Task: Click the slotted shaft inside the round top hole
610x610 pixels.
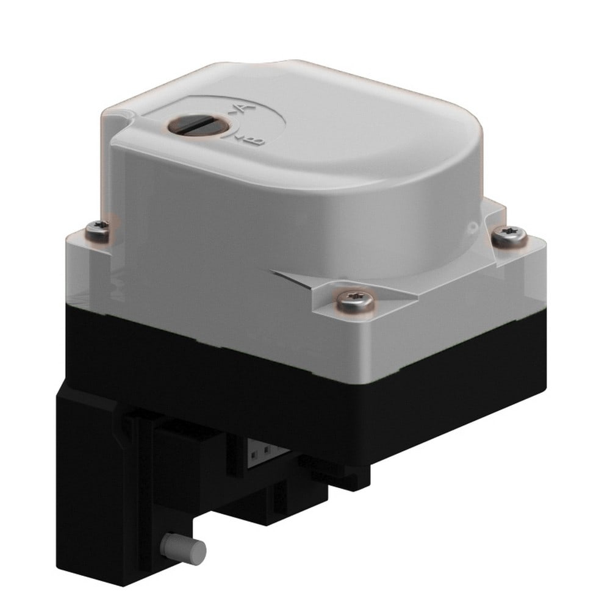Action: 198,126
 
